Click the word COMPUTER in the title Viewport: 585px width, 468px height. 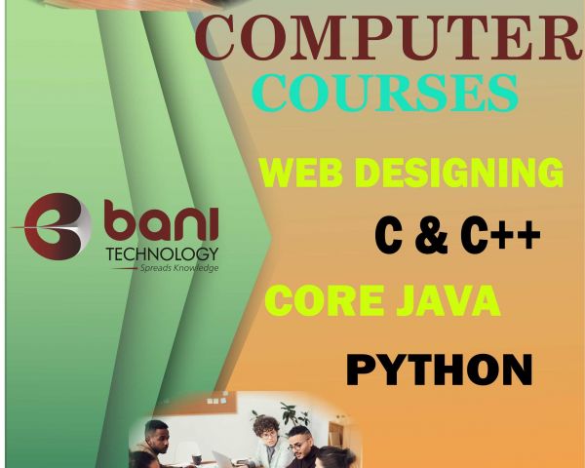point(388,37)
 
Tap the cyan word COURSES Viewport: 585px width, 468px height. point(385,93)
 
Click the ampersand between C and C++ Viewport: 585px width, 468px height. point(431,236)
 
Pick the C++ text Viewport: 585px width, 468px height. point(500,236)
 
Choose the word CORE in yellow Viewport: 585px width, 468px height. point(325,300)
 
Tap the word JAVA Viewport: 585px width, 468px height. point(448,300)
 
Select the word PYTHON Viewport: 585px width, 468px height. point(439,370)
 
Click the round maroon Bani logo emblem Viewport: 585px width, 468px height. point(56,226)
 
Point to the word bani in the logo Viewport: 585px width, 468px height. point(161,220)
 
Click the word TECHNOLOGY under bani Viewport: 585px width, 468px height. point(162,254)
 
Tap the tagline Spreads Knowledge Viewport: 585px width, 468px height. point(179,268)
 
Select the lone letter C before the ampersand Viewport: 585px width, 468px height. point(388,236)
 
